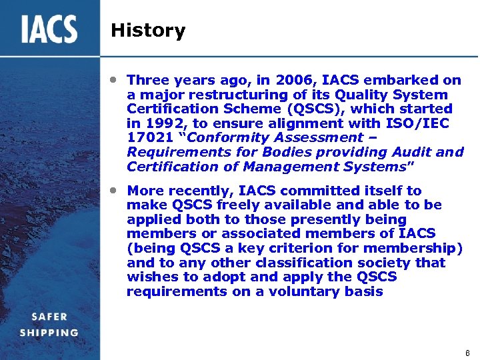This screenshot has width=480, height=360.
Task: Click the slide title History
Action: pyautogui.click(x=148, y=31)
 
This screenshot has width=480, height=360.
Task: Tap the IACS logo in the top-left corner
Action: pyautogui.click(x=49, y=29)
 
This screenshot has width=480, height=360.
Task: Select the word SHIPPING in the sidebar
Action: pyautogui.click(x=49, y=333)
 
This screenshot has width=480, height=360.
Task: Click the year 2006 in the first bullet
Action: pyautogui.click(x=293, y=81)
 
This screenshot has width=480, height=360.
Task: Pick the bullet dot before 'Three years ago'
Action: pyautogui.click(x=115, y=79)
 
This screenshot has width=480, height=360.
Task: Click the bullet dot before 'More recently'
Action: pyautogui.click(x=115, y=190)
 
